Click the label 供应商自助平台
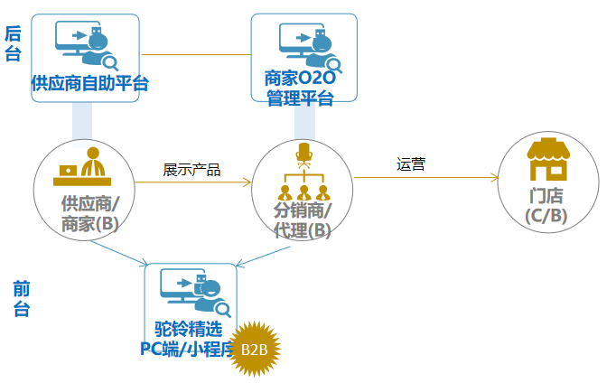point(89,84)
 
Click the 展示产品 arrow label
point(191,169)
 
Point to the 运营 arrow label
point(411,164)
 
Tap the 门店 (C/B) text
point(546,205)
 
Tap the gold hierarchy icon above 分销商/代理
point(304,173)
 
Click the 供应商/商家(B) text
point(89,216)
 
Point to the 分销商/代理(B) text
point(303,220)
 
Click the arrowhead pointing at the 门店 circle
point(495,178)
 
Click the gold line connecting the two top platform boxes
point(195,54)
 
